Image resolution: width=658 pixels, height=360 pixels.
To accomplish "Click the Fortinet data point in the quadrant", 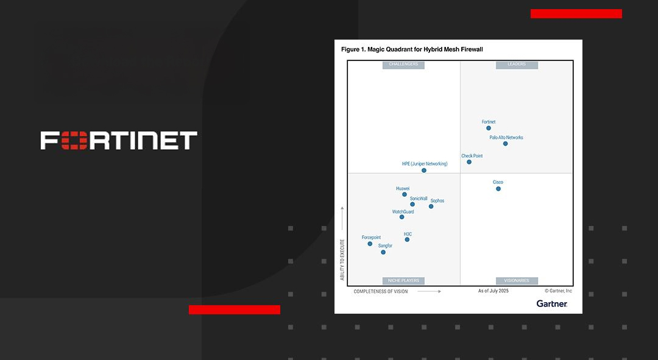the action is pyautogui.click(x=489, y=128).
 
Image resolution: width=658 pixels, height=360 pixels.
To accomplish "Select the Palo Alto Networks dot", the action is pyautogui.click(x=505, y=144).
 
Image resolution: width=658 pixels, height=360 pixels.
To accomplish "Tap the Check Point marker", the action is pyautogui.click(x=469, y=162).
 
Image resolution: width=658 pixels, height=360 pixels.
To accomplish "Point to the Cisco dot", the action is pyautogui.click(x=498, y=189).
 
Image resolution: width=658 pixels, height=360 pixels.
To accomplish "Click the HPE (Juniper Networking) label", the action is pyautogui.click(x=425, y=164).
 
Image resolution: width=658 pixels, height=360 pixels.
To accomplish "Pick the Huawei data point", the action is pyautogui.click(x=405, y=194).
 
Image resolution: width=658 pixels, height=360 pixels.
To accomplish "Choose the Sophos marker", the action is pyautogui.click(x=431, y=206).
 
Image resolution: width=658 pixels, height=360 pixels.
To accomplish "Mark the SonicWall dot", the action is pyautogui.click(x=412, y=204).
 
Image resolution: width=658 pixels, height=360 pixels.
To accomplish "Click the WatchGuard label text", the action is pyautogui.click(x=403, y=211).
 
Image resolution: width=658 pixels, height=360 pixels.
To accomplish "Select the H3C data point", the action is pyautogui.click(x=407, y=239).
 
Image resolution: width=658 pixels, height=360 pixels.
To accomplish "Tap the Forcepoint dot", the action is pyautogui.click(x=370, y=244).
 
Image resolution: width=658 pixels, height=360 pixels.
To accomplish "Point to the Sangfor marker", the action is pyautogui.click(x=383, y=252).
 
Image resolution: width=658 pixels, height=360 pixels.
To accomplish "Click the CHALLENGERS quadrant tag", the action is pyautogui.click(x=403, y=65).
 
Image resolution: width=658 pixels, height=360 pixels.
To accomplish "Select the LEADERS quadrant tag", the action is pyautogui.click(x=517, y=65).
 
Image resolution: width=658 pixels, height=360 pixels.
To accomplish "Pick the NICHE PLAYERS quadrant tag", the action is pyautogui.click(x=403, y=281).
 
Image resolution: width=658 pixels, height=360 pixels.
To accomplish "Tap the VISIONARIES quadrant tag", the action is pyautogui.click(x=517, y=281).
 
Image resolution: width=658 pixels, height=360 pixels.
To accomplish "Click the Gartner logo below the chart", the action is pyautogui.click(x=552, y=303).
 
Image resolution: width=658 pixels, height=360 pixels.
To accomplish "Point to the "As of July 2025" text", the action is pyautogui.click(x=493, y=291).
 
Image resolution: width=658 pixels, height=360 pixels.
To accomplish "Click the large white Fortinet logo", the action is pyautogui.click(x=119, y=140).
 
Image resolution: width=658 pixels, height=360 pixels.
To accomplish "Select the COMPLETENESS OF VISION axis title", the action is pyautogui.click(x=381, y=291).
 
